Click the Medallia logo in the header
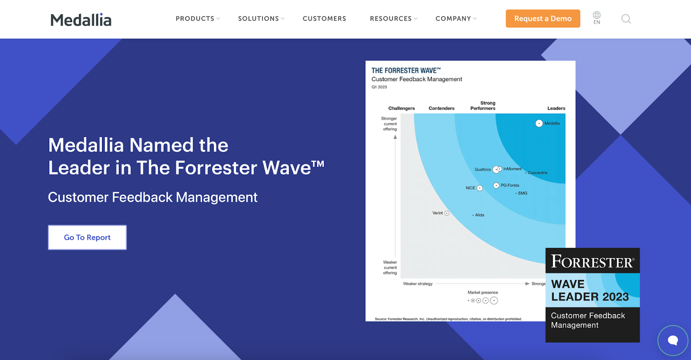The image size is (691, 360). (x=81, y=20)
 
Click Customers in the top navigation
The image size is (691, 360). (x=324, y=19)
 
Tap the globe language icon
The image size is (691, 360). (x=596, y=15)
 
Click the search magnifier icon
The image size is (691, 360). (x=626, y=19)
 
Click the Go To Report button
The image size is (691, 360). (x=87, y=237)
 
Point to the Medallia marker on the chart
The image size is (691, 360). (x=539, y=124)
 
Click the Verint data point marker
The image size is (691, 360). (x=447, y=213)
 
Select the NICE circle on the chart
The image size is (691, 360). (x=480, y=188)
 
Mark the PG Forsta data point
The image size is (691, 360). (x=496, y=185)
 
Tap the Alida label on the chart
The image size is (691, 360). (x=480, y=215)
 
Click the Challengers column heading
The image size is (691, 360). (x=401, y=108)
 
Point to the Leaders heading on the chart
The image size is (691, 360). (x=556, y=108)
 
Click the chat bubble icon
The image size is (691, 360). (x=673, y=340)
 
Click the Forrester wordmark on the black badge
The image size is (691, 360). (x=593, y=261)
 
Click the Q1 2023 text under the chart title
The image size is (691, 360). (x=379, y=87)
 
